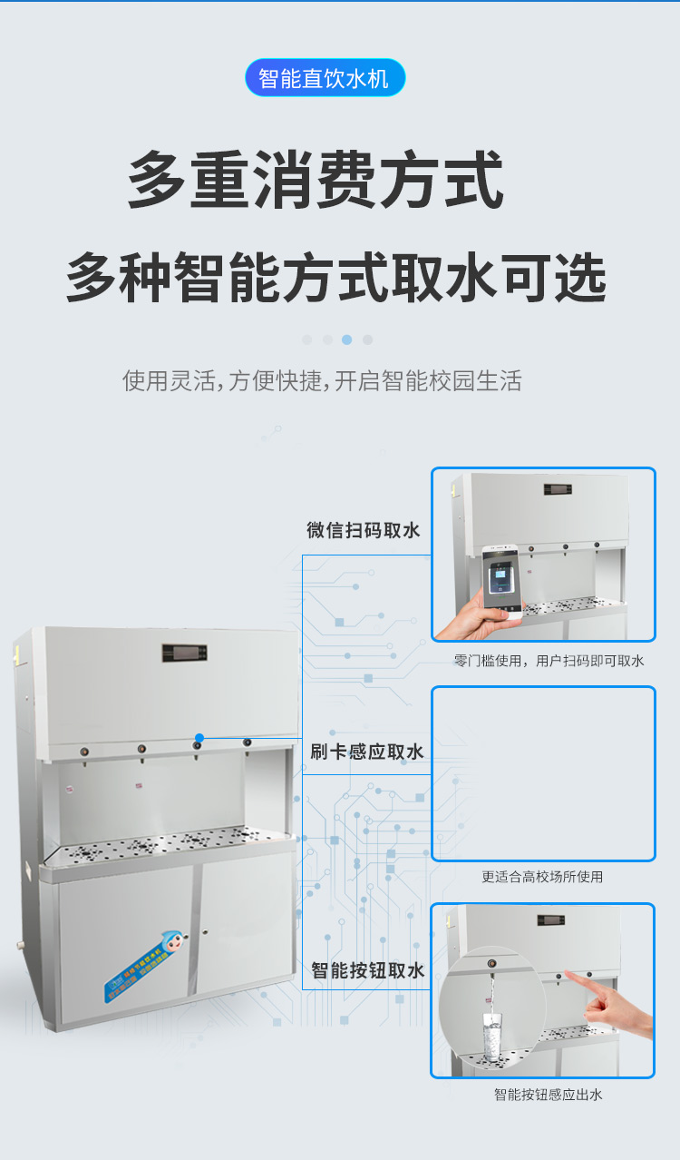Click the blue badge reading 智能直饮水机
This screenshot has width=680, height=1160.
[325, 78]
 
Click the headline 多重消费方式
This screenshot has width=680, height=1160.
[315, 181]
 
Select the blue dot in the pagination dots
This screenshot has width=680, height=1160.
[346, 339]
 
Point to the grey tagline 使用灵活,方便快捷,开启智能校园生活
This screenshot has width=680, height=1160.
[322, 380]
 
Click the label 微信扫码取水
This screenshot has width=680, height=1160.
[364, 530]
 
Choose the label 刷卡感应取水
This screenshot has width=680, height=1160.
[366, 752]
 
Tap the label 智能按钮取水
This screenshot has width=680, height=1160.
[367, 970]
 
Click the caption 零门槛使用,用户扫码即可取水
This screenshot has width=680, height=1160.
[549, 661]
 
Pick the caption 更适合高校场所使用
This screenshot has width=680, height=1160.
[542, 877]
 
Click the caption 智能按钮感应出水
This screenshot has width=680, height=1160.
[548, 1095]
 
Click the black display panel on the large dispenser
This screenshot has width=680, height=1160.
[184, 652]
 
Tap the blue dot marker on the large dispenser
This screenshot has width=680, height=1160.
[199, 738]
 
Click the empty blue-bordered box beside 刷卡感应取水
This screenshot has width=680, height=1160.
[542, 773]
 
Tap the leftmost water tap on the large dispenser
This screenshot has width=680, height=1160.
[83, 752]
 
